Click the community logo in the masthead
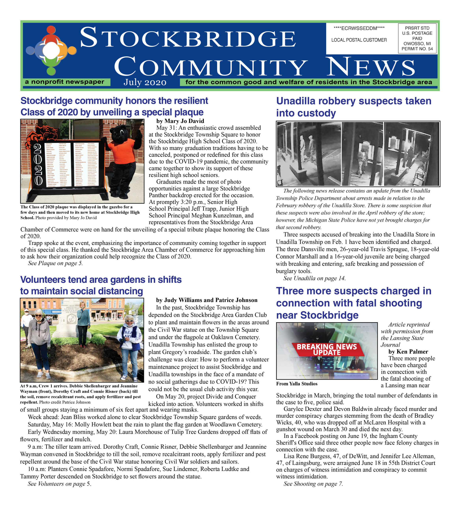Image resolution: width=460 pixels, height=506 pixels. click(x=51, y=50)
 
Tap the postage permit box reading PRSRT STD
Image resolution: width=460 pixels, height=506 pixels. click(x=417, y=38)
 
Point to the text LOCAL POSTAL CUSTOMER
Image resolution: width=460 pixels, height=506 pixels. click(x=359, y=40)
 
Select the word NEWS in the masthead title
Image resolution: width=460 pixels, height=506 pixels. click(x=371, y=67)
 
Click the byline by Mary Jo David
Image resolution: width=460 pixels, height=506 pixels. click(x=180, y=121)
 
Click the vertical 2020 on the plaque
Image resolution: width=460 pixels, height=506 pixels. click(x=38, y=164)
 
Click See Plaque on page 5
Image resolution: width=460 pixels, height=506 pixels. click(x=55, y=263)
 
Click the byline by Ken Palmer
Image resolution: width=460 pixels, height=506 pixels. click(x=408, y=352)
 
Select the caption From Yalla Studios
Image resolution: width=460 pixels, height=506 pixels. click(x=297, y=384)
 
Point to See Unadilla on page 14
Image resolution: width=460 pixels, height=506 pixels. click(x=314, y=278)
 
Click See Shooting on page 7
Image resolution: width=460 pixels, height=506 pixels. click(x=313, y=484)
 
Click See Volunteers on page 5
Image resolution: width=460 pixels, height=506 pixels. click(x=59, y=484)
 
